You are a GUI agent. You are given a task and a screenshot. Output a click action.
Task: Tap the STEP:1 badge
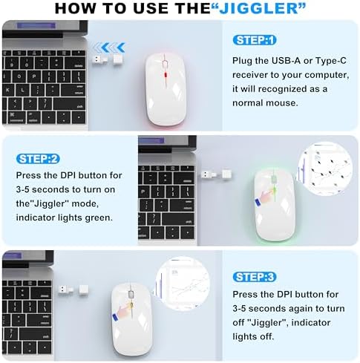(255, 39)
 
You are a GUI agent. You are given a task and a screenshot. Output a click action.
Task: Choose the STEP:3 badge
(255, 277)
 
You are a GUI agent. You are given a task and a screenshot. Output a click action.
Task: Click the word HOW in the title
(76, 10)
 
